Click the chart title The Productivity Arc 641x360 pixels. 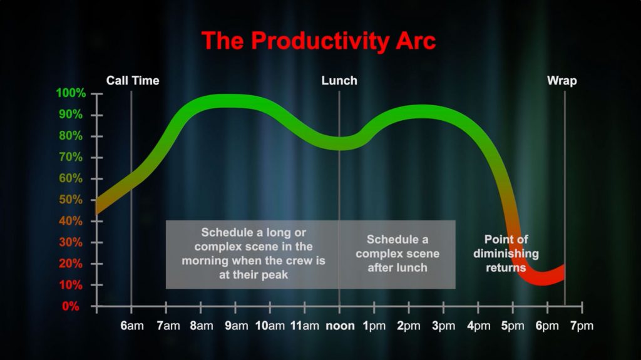319,41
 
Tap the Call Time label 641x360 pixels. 133,81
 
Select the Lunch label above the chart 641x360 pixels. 339,81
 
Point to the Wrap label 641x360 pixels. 562,81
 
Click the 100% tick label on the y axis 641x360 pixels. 71,93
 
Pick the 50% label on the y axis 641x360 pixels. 71,200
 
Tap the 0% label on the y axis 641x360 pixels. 71,306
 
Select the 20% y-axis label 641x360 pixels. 71,264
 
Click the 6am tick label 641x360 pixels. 132,326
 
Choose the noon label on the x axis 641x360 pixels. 340,326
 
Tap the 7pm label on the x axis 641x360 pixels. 582,326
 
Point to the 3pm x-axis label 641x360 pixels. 444,326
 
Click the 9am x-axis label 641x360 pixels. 236,326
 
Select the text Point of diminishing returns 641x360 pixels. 506,253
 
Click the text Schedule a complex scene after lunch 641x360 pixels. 397,253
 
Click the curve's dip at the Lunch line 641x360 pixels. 339,143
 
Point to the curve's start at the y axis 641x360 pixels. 97,206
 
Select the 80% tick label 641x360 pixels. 71,136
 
